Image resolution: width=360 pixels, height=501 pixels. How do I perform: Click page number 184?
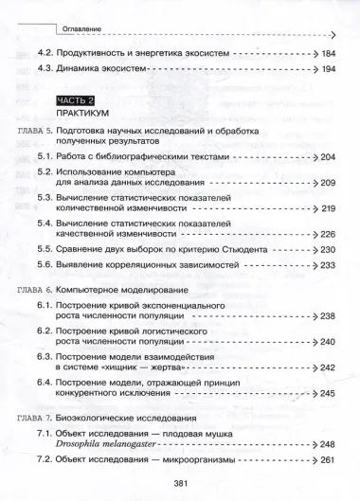click(x=334, y=54)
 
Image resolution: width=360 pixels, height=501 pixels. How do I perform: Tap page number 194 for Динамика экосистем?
click(x=334, y=71)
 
